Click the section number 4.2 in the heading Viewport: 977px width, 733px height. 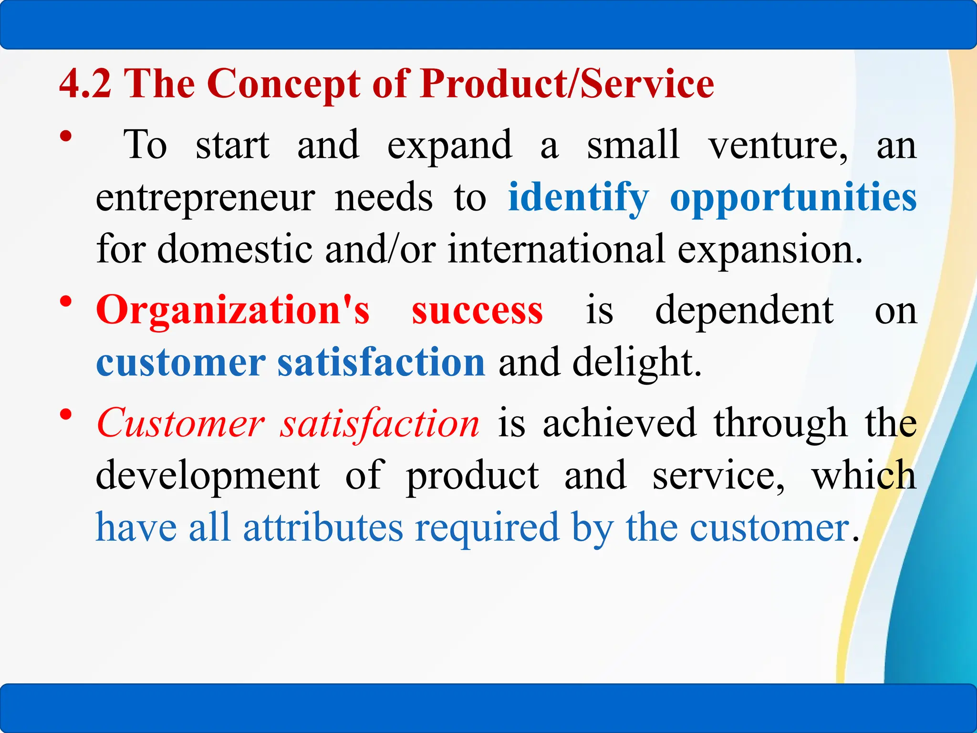click(85, 84)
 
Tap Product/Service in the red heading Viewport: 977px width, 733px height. click(567, 84)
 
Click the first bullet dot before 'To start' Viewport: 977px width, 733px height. click(66, 137)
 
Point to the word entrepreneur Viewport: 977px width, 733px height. click(206, 198)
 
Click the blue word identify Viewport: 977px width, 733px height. click(578, 198)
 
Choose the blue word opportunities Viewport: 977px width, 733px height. click(793, 198)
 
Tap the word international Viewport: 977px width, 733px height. click(556, 249)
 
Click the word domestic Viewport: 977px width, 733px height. click(234, 249)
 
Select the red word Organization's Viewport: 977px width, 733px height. click(233, 310)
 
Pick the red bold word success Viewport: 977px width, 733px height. click(477, 310)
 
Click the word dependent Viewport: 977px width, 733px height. click(744, 310)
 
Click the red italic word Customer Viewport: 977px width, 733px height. click(180, 423)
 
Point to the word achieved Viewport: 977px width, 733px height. click(619, 423)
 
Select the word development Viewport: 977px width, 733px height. click(208, 475)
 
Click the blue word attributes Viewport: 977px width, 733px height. click(323, 528)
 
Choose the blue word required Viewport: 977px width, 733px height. click(487, 528)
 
